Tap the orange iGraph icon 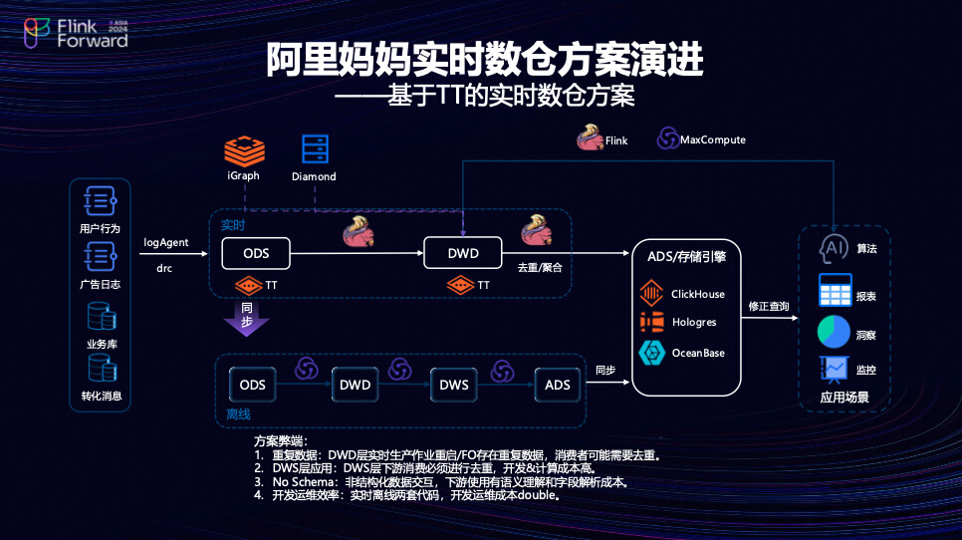pyautogui.click(x=243, y=151)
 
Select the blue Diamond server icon pyautogui.click(x=315, y=150)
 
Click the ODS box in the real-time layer pyautogui.click(x=255, y=253)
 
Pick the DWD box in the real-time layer pyautogui.click(x=463, y=253)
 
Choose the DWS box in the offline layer pyautogui.click(x=454, y=385)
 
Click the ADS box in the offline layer pyautogui.click(x=556, y=385)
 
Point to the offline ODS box pyautogui.click(x=253, y=385)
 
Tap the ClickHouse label pyautogui.click(x=698, y=294)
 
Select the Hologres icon pyautogui.click(x=651, y=323)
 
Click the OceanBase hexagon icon pyautogui.click(x=651, y=353)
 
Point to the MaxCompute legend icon pyautogui.click(x=666, y=139)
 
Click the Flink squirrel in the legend pyautogui.click(x=590, y=138)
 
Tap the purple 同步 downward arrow pyautogui.click(x=245, y=317)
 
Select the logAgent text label pyautogui.click(x=166, y=242)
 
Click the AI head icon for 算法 pyautogui.click(x=833, y=248)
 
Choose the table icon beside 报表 pyautogui.click(x=834, y=290)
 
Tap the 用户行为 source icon pyautogui.click(x=101, y=201)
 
